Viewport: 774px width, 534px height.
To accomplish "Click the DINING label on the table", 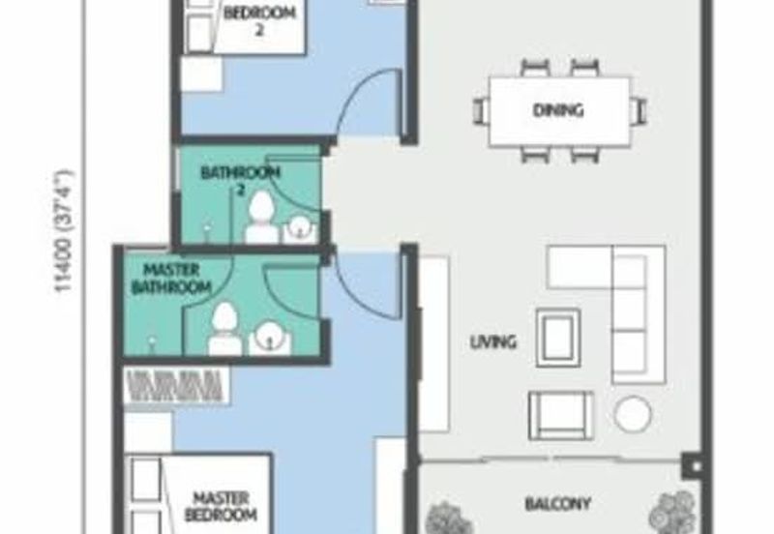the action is point(558,109).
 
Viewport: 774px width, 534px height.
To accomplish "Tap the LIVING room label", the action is point(493,341).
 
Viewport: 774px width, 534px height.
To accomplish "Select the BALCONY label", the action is point(558,504).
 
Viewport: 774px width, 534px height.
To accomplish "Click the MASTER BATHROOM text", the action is point(171,279).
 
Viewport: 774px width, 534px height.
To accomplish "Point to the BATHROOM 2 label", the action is point(240,181).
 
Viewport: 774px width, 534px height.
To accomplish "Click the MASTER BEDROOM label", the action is point(221,506).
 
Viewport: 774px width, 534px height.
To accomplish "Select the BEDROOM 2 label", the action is point(259,21).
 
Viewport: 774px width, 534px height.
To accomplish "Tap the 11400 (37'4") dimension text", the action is point(65,231).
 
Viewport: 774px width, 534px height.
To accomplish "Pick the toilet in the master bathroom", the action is point(224,329).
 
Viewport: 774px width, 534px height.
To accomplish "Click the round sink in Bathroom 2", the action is point(299,229).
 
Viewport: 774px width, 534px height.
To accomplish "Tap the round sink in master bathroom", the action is point(270,338).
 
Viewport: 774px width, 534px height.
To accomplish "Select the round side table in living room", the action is point(633,414).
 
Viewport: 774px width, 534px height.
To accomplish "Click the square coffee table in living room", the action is point(558,338).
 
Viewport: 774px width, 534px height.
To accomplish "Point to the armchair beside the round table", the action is point(561,416).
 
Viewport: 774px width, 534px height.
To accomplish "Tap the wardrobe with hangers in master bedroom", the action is point(176,386).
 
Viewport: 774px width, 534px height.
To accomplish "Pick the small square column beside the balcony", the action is point(693,465).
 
